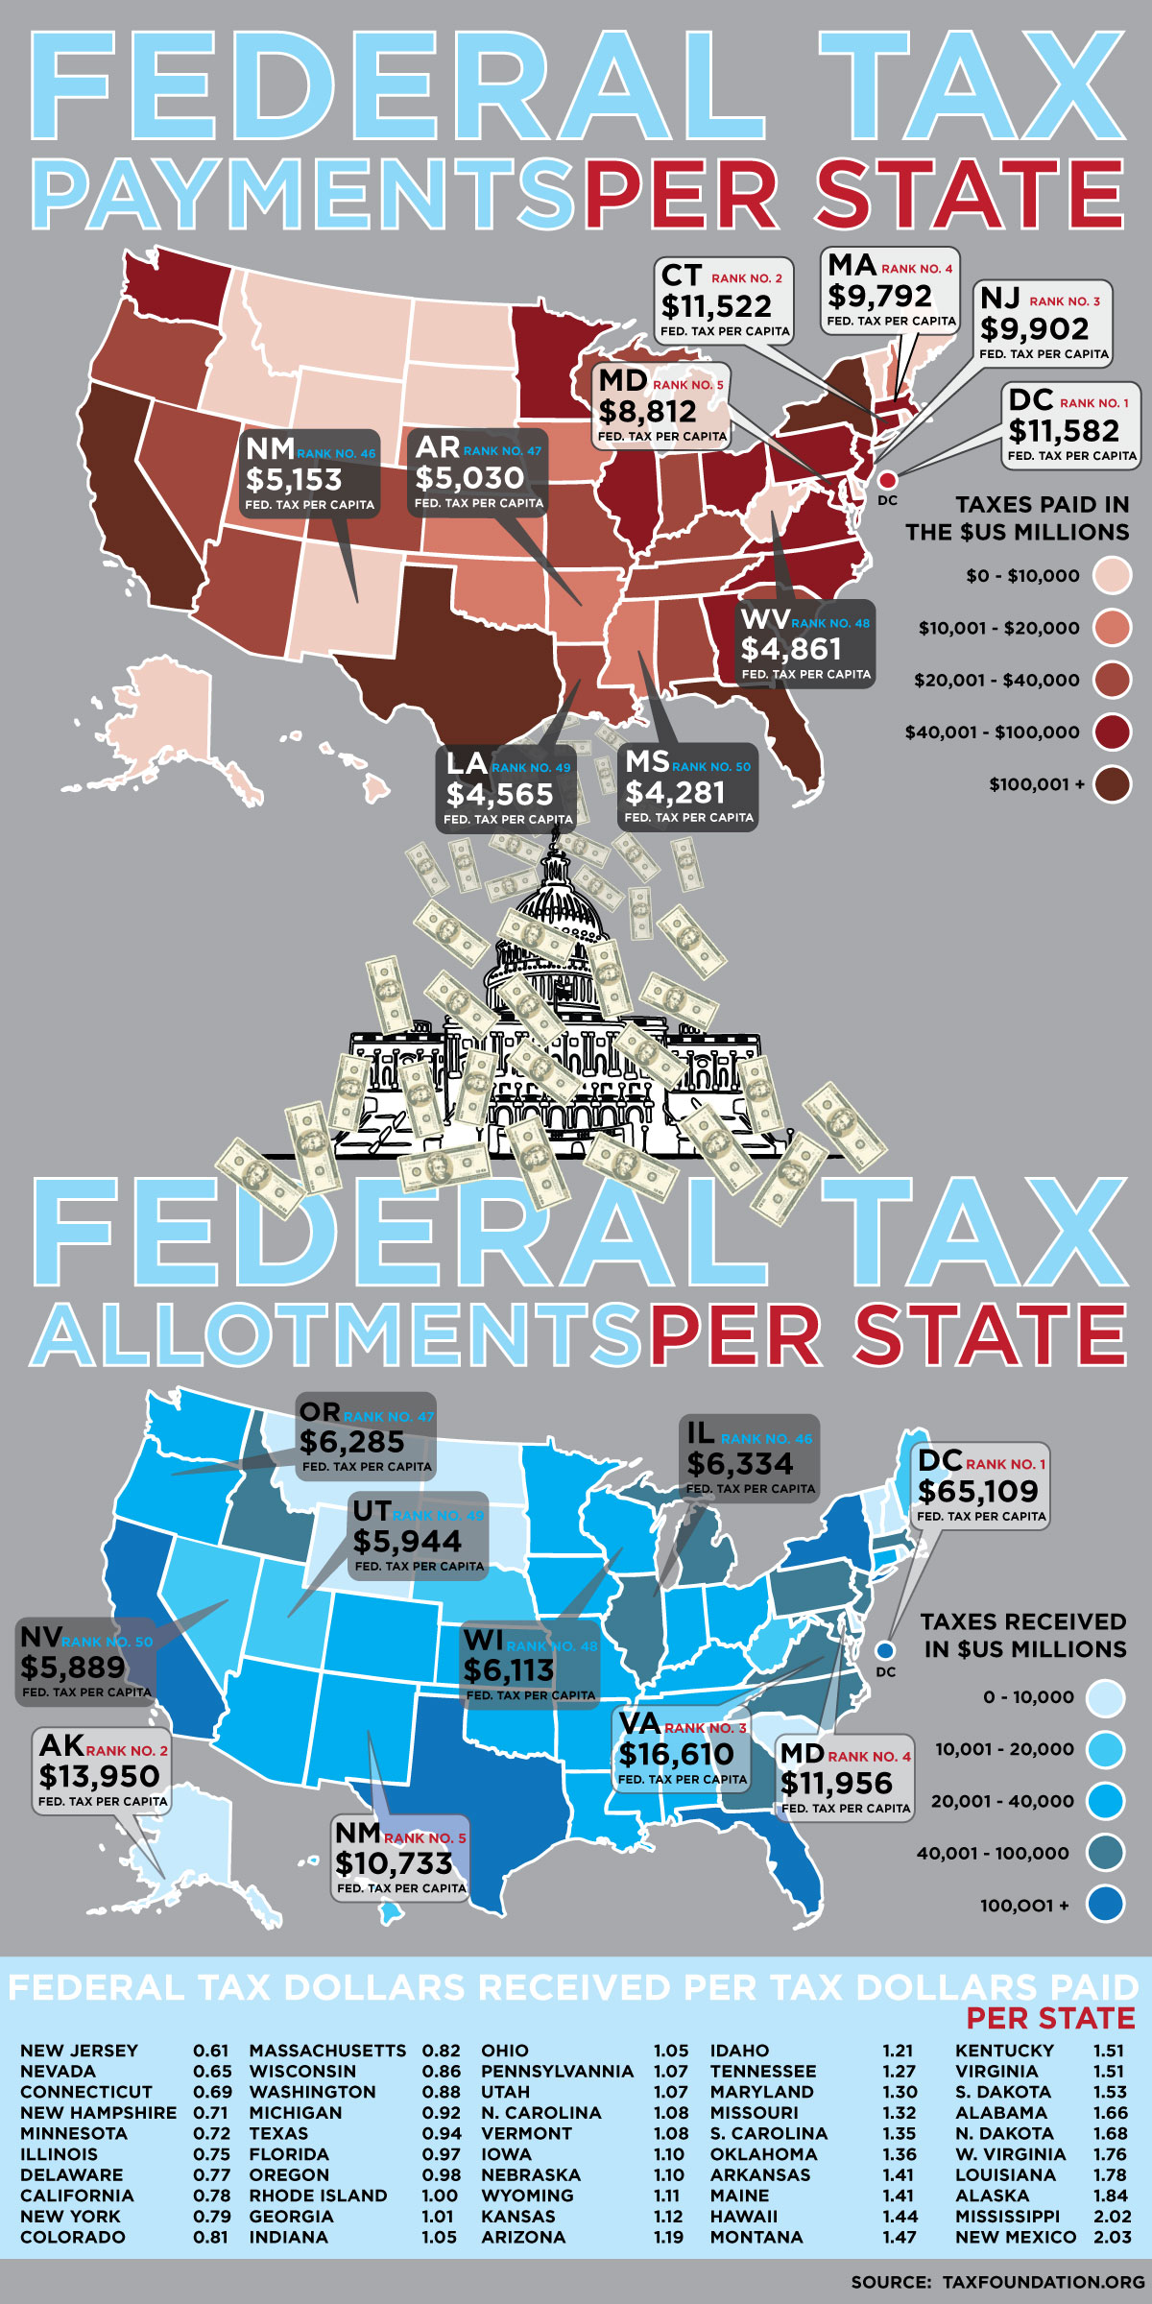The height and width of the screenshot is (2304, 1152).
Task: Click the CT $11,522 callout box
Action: tap(725, 300)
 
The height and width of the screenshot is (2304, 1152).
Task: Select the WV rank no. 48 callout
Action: tap(805, 643)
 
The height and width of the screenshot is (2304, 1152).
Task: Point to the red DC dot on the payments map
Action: tap(887, 479)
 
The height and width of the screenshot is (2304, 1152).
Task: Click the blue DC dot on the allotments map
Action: tap(885, 1650)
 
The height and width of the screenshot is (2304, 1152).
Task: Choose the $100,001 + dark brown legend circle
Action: tap(1112, 784)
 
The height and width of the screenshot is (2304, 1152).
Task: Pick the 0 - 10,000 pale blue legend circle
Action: tap(1105, 1697)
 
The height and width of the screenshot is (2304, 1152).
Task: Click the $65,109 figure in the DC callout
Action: tap(977, 1491)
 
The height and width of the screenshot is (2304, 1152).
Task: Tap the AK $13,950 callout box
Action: tap(102, 1771)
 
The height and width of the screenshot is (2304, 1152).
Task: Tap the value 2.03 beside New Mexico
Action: tap(1112, 2237)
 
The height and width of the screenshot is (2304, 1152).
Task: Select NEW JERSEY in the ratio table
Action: tap(79, 2051)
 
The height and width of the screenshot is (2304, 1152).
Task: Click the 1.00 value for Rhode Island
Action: tap(440, 2196)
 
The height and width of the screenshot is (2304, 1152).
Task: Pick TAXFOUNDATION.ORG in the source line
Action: tap(1044, 2281)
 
